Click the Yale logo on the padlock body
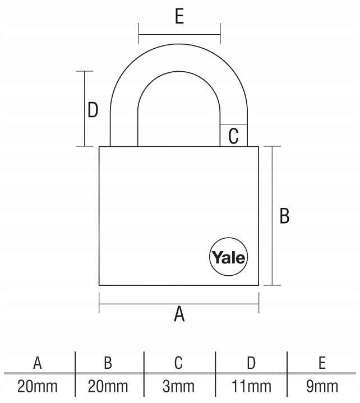click(229, 257)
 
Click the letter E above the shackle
click(179, 16)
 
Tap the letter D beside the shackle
click(93, 110)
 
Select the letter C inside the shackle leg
click(233, 136)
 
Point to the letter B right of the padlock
click(284, 216)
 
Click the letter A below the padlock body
click(179, 314)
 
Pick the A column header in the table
click(38, 363)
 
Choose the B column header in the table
click(108, 363)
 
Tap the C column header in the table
click(178, 363)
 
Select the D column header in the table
click(251, 363)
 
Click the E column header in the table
click(322, 363)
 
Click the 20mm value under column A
click(38, 386)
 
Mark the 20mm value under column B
click(108, 386)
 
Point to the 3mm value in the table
click(178, 386)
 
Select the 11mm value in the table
click(251, 386)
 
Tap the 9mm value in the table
click(322, 386)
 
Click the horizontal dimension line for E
click(179, 34)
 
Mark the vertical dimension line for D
click(84, 109)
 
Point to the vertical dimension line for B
click(273, 216)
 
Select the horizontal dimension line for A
click(179, 304)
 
